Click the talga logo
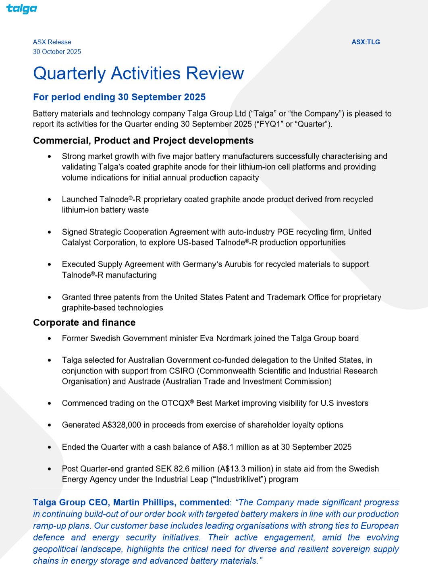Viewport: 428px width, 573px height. pyautogui.click(x=21, y=8)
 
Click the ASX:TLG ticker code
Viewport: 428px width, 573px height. pyautogui.click(x=366, y=42)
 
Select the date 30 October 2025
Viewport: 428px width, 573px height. pyautogui.click(x=57, y=52)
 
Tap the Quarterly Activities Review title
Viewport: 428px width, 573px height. pyautogui.click(x=138, y=73)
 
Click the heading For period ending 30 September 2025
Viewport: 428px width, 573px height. pyautogui.click(x=119, y=97)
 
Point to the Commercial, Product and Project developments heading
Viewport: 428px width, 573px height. pyautogui.click(x=143, y=141)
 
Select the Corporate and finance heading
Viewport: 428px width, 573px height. pyautogui.click(x=84, y=323)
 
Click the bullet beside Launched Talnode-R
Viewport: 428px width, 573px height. pyautogui.click(x=50, y=199)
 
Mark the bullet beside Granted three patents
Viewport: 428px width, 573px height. pyautogui.click(x=50, y=297)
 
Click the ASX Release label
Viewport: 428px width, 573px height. pyautogui.click(x=52, y=42)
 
